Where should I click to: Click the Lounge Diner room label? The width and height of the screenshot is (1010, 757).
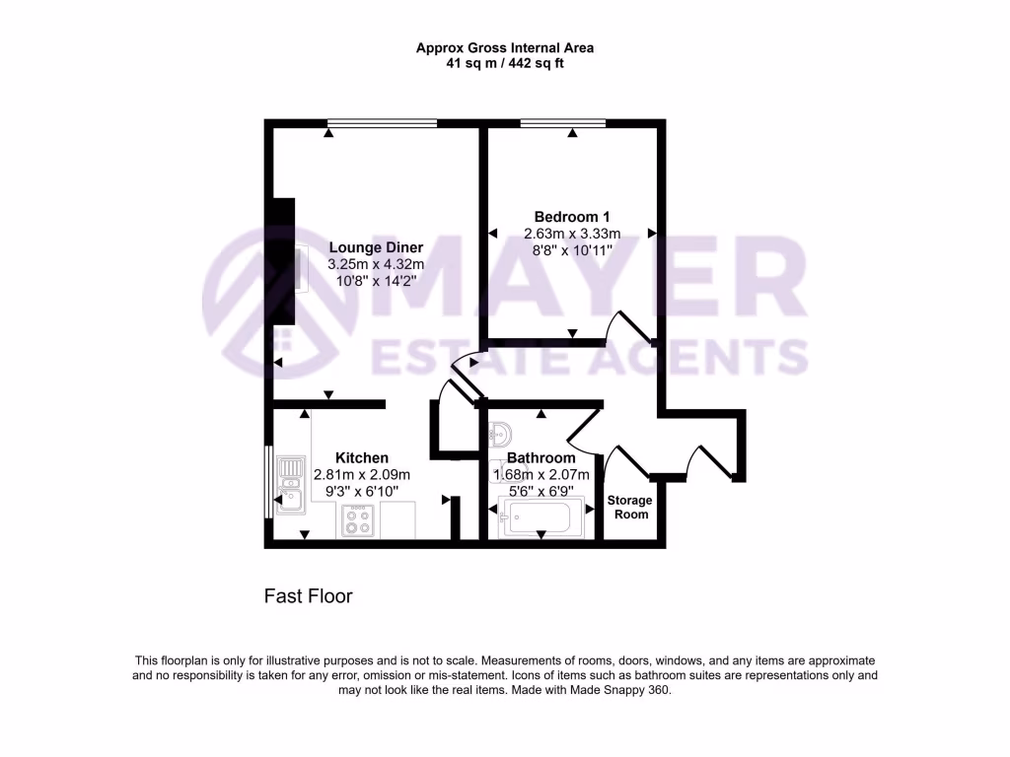(376, 247)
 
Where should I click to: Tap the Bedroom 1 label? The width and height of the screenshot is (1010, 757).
(572, 217)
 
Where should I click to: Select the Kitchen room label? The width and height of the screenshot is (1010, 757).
(362, 458)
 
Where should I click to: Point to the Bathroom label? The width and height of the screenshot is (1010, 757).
(541, 458)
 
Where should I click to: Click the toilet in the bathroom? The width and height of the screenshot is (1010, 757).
(499, 432)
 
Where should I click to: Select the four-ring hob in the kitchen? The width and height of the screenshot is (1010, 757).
(357, 519)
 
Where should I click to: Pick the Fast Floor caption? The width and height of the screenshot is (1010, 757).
(308, 596)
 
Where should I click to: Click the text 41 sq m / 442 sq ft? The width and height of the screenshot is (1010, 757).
(505, 63)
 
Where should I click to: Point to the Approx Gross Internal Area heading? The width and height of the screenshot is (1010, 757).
(505, 47)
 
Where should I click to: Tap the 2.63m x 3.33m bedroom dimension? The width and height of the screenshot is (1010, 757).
(572, 234)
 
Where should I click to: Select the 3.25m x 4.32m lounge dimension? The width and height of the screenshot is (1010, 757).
(376, 264)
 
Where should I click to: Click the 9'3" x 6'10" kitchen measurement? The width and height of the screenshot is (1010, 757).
(362, 490)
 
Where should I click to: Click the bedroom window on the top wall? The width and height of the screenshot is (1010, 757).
(563, 123)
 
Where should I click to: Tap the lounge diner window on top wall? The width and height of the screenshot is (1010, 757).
(383, 123)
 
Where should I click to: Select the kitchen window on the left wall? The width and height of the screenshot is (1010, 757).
(268, 481)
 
